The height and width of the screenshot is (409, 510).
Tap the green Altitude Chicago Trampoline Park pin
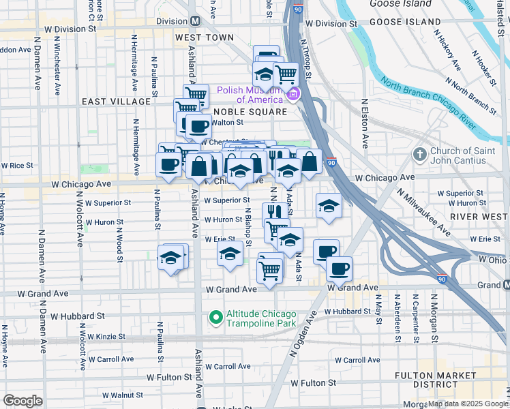pyautogui.click(x=215, y=317)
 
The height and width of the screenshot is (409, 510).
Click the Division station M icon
pyautogui.click(x=194, y=21)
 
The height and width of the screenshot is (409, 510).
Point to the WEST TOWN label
pyautogui.click(x=199, y=37)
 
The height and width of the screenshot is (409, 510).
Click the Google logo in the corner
pyautogui.click(x=22, y=401)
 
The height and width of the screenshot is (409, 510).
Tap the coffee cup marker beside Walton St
pyautogui.click(x=198, y=126)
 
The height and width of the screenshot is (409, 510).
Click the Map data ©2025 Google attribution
pyautogui.click(x=468, y=404)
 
